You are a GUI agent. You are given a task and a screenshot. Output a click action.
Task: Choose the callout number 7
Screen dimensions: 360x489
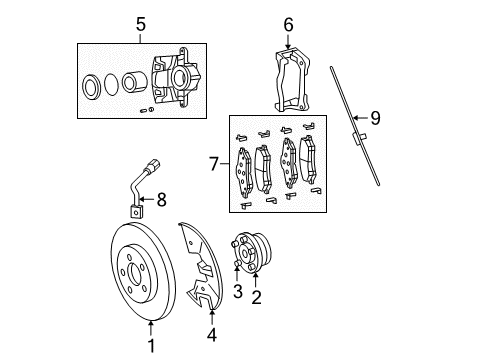[x=212, y=161]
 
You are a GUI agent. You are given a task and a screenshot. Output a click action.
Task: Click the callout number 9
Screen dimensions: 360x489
[x=376, y=118]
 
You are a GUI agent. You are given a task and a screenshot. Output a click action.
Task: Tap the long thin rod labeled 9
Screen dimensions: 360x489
[x=355, y=124]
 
